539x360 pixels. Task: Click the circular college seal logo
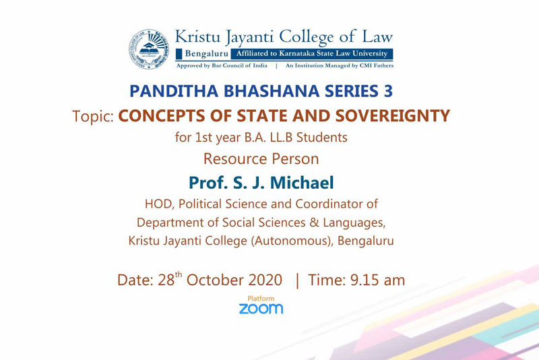pos(149,49)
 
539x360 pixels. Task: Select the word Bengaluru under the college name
pos(207,54)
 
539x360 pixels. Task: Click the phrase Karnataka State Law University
pos(333,54)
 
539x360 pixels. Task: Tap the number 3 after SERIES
pos(388,91)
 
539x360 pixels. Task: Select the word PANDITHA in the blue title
pos(174,91)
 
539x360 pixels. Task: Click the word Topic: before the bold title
pos(93,116)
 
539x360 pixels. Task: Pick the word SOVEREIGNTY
pos(393,115)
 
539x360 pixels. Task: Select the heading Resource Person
pos(261,159)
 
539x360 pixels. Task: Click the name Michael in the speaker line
pos(302,183)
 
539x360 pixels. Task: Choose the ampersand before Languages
pos(314,222)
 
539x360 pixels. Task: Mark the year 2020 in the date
pos(265,280)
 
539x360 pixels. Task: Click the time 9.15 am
pos(377,280)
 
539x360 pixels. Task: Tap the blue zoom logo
pos(261,308)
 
